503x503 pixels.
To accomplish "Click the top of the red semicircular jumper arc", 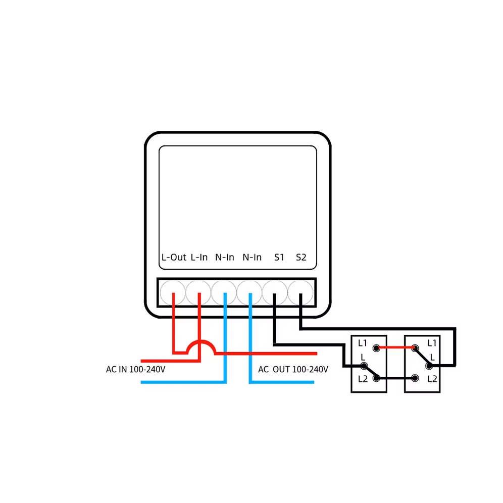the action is click(201, 341).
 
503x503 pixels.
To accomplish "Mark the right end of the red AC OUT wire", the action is click(317, 354).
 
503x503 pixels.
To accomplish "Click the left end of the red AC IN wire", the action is click(141, 361).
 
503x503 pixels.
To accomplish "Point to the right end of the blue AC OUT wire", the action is click(314, 382).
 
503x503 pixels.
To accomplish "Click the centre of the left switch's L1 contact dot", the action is click(376, 348).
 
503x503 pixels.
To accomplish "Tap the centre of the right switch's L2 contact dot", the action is click(415, 378).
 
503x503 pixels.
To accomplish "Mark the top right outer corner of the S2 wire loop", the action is click(455, 328).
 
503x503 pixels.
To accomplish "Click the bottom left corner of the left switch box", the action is click(351, 392).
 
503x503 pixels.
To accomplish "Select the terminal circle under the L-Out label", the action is click(173, 292).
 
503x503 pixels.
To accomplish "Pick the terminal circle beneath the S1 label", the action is click(275, 292).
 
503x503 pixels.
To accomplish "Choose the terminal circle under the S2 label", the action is click(300, 292).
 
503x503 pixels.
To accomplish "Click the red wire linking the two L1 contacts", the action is click(395, 347).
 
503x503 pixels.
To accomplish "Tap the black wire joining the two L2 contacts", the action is click(395, 378).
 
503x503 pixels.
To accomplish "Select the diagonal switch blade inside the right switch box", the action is click(422, 357).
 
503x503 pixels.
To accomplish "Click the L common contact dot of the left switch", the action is click(364, 366).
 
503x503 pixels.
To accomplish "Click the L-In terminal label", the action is click(199, 257).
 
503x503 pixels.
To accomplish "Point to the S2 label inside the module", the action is click(301, 257).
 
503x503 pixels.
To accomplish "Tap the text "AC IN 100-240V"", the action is click(135, 370).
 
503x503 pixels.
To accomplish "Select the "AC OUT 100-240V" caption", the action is click(293, 370).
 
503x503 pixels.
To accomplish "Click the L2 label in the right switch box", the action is click(432, 379).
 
